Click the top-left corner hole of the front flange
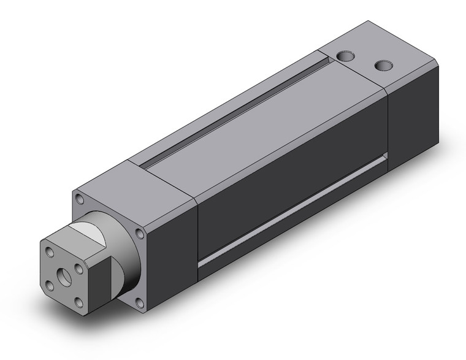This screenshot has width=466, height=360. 80,197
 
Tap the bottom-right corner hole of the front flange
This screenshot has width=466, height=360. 140,301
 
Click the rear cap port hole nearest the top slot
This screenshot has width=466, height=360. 346,56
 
